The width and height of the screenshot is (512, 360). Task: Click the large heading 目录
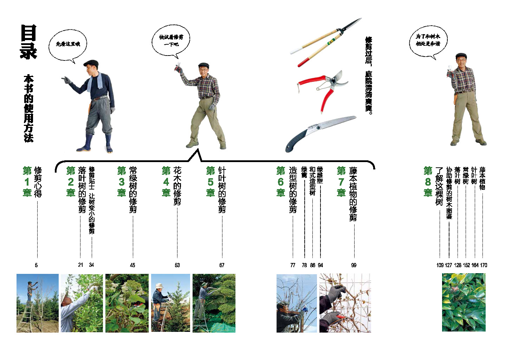[x=28, y=42]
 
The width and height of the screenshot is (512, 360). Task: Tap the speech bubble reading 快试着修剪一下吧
[x=171, y=41]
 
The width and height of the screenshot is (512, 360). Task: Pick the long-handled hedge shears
[x=326, y=42]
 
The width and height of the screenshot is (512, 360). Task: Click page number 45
[x=132, y=265]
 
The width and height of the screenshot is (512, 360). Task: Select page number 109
[x=440, y=265]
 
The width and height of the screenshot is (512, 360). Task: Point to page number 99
[x=354, y=265]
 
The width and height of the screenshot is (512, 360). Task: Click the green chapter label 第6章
[x=281, y=182]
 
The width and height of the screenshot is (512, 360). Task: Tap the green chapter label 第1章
[x=27, y=182]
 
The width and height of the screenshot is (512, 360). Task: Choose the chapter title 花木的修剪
[x=177, y=186]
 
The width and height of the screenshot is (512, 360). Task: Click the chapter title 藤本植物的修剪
[x=353, y=194]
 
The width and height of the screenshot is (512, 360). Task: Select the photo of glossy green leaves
[x=464, y=302]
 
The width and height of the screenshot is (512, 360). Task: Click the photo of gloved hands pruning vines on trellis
[x=345, y=303]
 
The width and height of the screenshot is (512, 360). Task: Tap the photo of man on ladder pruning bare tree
[x=38, y=303]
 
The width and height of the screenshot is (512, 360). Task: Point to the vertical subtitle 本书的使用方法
[x=28, y=108]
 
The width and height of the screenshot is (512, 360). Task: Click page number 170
[x=484, y=265]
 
